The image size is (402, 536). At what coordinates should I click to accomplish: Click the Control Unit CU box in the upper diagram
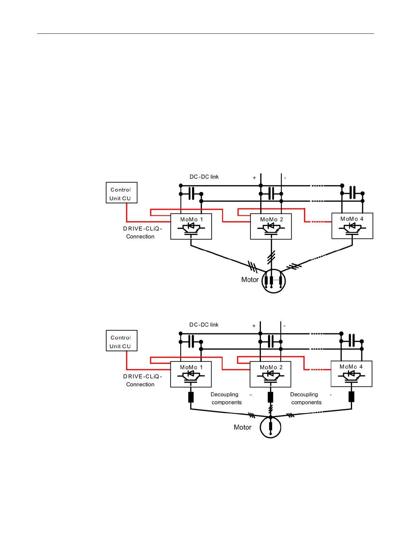pyautogui.click(x=122, y=193)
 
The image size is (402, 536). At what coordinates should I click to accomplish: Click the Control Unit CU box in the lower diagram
pyautogui.click(x=122, y=341)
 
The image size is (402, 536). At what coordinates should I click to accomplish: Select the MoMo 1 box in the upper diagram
pyautogui.click(x=191, y=227)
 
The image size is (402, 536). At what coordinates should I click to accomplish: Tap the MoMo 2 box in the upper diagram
pyautogui.click(x=271, y=227)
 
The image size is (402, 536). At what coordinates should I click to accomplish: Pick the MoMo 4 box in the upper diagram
pyautogui.click(x=352, y=226)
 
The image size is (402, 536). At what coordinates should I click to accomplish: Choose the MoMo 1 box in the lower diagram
pyautogui.click(x=191, y=374)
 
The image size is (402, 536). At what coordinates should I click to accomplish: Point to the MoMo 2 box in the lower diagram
pyautogui.click(x=270, y=374)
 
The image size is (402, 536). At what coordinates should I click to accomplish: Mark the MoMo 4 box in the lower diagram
pyautogui.click(x=351, y=374)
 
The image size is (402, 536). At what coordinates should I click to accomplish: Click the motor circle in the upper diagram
pyautogui.click(x=274, y=281)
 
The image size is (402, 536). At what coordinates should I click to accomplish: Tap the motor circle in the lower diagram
pyautogui.click(x=270, y=427)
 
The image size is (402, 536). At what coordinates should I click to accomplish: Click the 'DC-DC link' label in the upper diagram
pyautogui.click(x=204, y=177)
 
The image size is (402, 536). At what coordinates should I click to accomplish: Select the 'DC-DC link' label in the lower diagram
pyautogui.click(x=204, y=325)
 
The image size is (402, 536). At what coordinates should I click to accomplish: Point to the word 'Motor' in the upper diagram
pyautogui.click(x=250, y=280)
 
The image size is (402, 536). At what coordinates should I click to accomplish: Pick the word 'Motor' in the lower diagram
pyautogui.click(x=242, y=428)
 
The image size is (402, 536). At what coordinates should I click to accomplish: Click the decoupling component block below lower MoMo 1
pyautogui.click(x=191, y=397)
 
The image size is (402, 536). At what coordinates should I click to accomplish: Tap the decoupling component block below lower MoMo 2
pyautogui.click(x=270, y=397)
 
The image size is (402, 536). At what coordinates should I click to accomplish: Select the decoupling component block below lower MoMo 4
pyautogui.click(x=351, y=397)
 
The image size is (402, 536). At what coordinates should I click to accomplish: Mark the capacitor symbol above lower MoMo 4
pyautogui.click(x=352, y=341)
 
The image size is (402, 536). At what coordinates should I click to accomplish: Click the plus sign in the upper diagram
pyautogui.click(x=254, y=178)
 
